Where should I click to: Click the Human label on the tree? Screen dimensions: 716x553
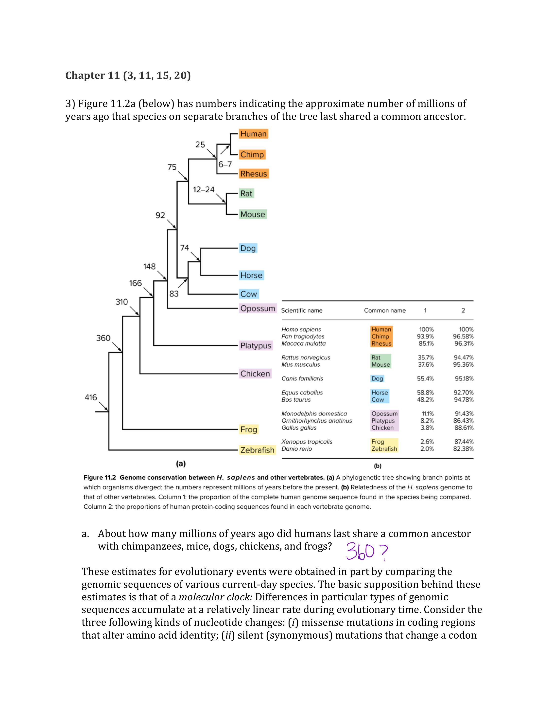coord(253,134)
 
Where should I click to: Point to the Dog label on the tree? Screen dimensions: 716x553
coord(248,248)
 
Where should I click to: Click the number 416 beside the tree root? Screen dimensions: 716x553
coord(91,397)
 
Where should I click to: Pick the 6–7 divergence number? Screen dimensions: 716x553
coord(225,164)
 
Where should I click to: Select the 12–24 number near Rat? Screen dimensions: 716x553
coord(204,190)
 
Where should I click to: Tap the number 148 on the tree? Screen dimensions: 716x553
coord(149,267)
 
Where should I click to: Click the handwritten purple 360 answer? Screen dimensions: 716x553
coord(360,552)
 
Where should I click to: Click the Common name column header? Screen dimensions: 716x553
coord(385,310)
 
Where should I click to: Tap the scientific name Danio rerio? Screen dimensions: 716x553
coord(296,449)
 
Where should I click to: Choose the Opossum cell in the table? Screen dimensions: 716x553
coord(384,414)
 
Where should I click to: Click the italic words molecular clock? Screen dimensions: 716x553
coord(216,597)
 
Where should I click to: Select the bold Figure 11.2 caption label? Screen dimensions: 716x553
coord(100,477)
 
